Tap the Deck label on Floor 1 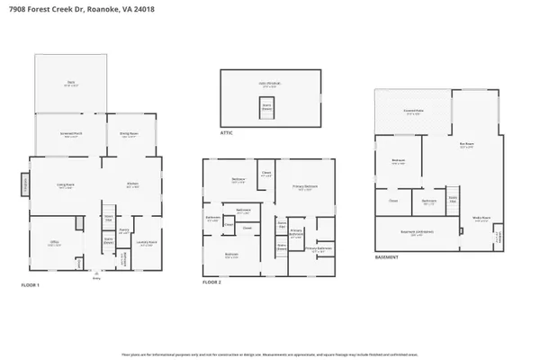click(x=70, y=84)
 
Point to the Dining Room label click(x=128, y=136)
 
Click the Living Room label click(x=65, y=186)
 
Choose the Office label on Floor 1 click(x=54, y=244)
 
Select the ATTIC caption click(x=227, y=131)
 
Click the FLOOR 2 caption click(x=212, y=281)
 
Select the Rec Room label click(x=466, y=145)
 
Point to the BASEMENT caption click(x=388, y=258)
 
